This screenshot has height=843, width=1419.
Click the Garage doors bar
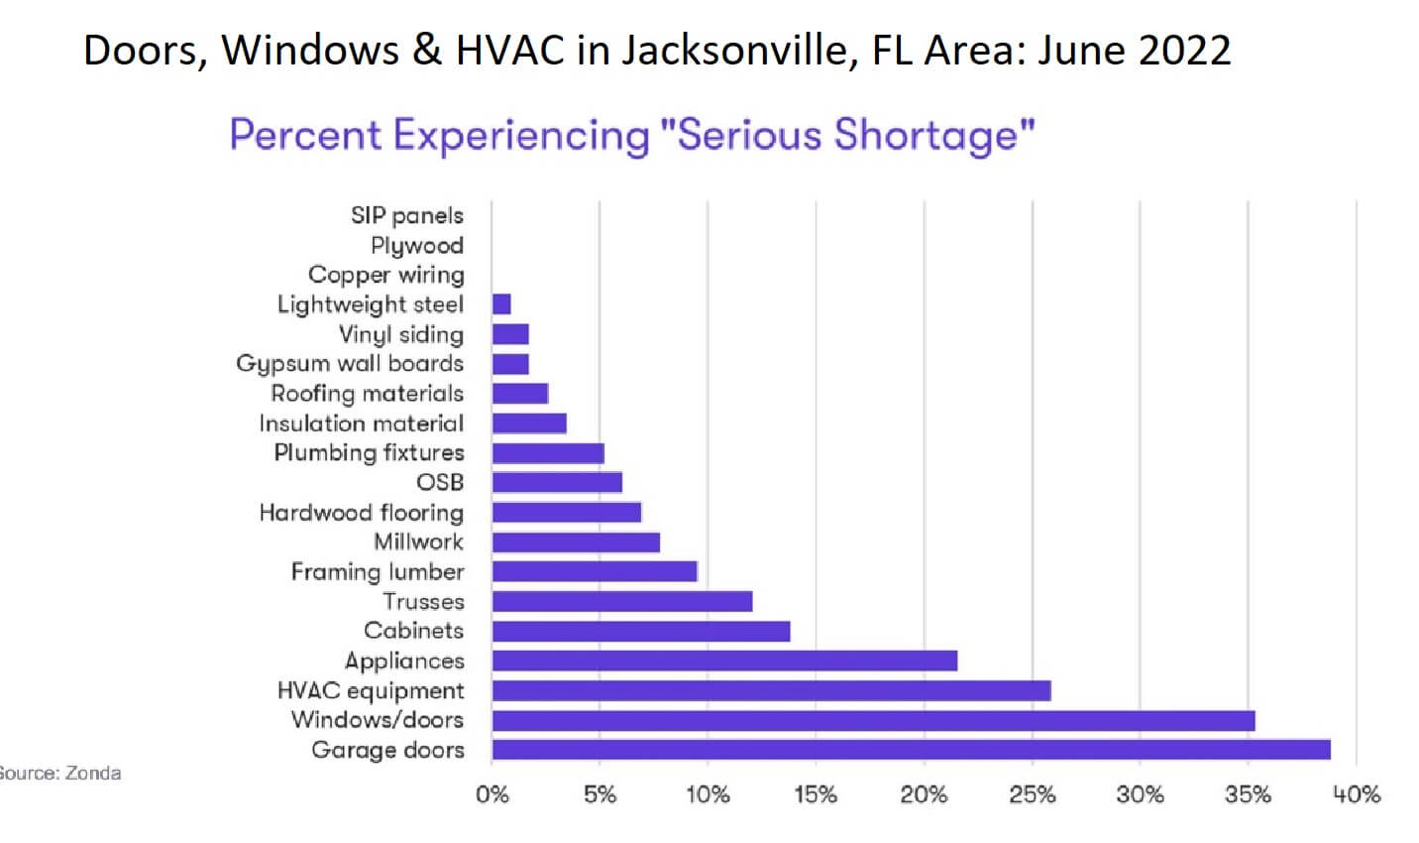(x=911, y=750)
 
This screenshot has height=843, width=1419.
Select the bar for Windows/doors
(x=873, y=720)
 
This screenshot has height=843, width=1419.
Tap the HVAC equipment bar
(x=771, y=690)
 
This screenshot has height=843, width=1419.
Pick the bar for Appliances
(x=724, y=661)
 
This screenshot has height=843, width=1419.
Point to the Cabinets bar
(x=641, y=631)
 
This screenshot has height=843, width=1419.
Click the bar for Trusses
(x=622, y=601)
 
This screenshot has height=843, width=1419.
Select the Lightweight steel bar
(x=501, y=304)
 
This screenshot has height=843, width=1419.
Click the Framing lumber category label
(x=377, y=572)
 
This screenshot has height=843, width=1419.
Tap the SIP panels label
(x=406, y=215)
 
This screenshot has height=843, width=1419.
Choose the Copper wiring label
(x=385, y=275)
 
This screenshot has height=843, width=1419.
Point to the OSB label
(x=440, y=483)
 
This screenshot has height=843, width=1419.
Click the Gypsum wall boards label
(x=349, y=364)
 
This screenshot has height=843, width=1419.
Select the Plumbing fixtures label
(x=369, y=453)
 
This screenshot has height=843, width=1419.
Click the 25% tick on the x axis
(x=1032, y=794)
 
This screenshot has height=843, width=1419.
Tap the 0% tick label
(x=492, y=794)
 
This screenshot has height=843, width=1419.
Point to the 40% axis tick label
(x=1356, y=794)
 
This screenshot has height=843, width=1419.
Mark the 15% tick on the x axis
(x=816, y=794)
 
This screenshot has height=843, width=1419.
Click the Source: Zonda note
(x=59, y=774)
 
